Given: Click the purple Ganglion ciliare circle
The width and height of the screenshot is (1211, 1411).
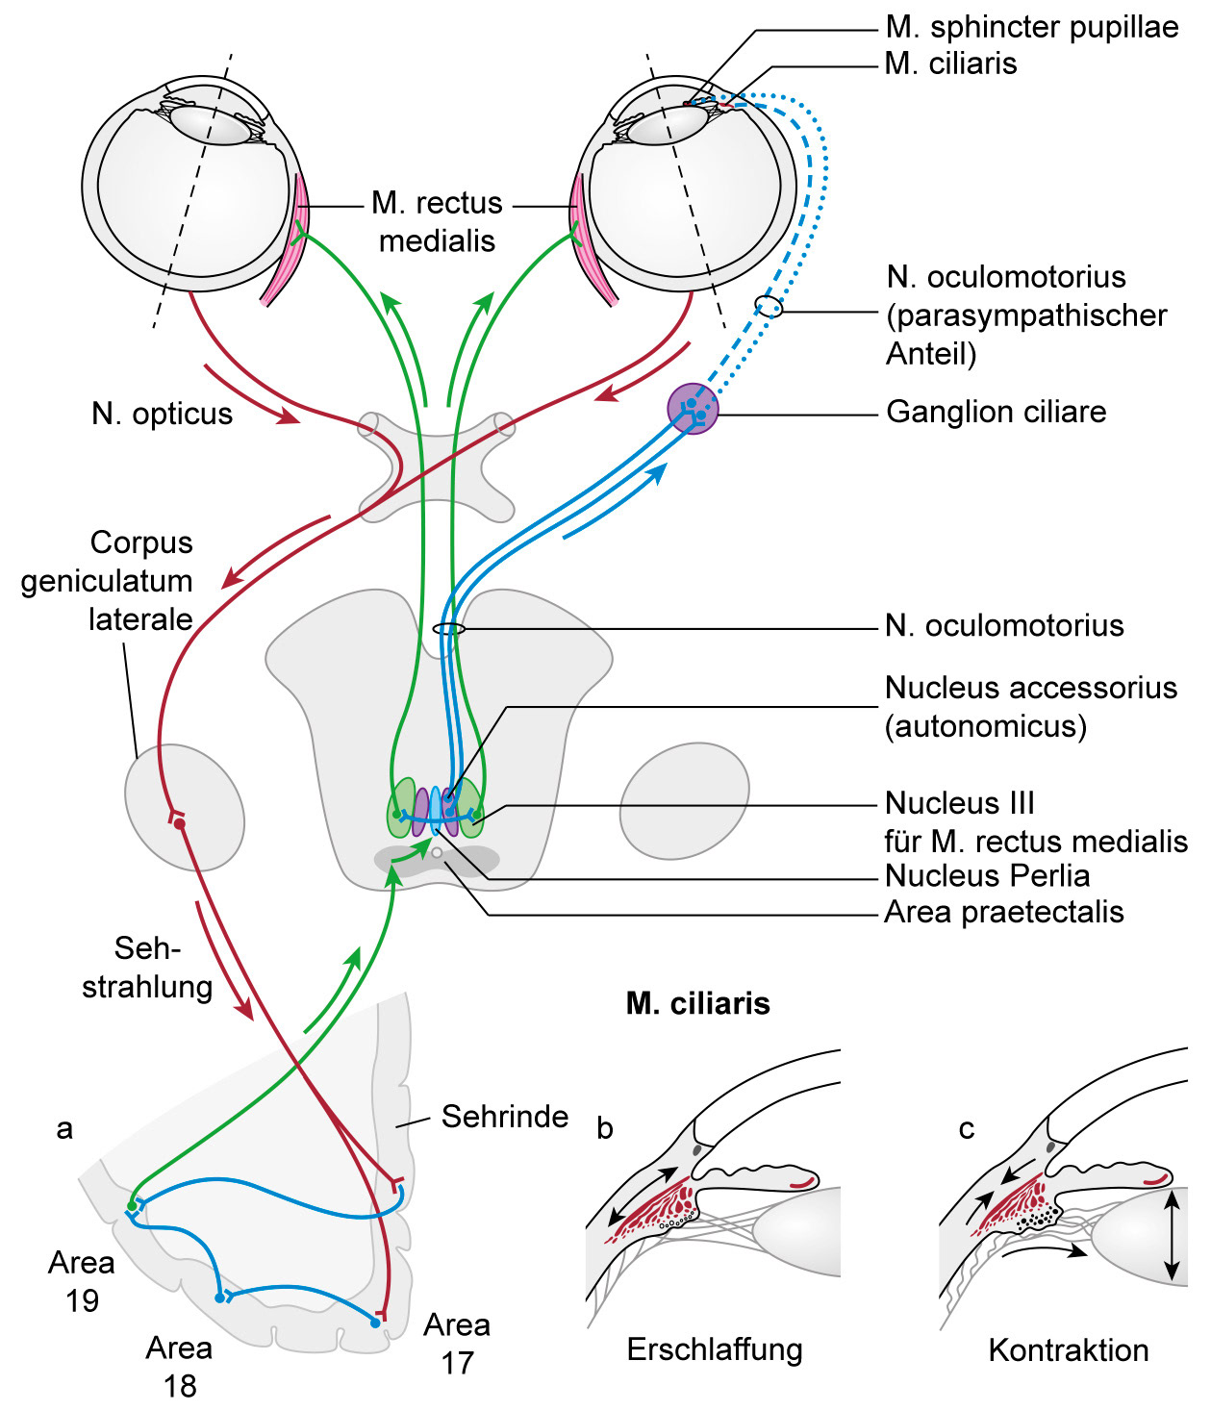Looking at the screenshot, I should (x=693, y=409).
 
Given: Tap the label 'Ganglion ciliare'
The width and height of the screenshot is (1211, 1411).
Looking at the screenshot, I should (x=996, y=412).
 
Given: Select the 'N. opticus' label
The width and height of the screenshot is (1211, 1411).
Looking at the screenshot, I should (x=163, y=414).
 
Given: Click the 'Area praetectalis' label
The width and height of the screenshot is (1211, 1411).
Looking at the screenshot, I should (x=1003, y=912).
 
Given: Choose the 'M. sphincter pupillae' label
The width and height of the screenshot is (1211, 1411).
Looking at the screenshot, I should (x=1031, y=27).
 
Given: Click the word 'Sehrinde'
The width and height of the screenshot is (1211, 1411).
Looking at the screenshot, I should (x=505, y=1116).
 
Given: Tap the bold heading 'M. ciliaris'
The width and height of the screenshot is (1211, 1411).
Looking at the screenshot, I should (x=697, y=1003).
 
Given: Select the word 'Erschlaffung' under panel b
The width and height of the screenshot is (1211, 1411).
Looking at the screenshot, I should (x=715, y=1349).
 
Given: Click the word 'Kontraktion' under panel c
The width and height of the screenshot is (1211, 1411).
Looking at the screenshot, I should (x=1069, y=1350).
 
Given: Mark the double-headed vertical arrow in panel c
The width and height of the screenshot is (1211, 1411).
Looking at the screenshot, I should (x=1171, y=1236).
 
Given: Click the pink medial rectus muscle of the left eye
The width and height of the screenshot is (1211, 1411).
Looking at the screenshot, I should (x=286, y=240).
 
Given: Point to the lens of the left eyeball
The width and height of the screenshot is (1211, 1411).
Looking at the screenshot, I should (x=210, y=125).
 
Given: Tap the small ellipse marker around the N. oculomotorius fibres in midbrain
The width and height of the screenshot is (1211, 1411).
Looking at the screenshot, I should (x=449, y=629).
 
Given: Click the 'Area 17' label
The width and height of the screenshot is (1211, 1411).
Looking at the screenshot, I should (x=457, y=1344).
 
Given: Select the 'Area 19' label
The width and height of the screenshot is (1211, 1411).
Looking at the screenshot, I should (x=82, y=1281).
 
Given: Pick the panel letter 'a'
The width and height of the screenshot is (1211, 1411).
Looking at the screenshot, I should (x=64, y=1128).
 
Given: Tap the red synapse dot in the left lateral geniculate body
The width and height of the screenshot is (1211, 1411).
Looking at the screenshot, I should (x=179, y=823).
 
